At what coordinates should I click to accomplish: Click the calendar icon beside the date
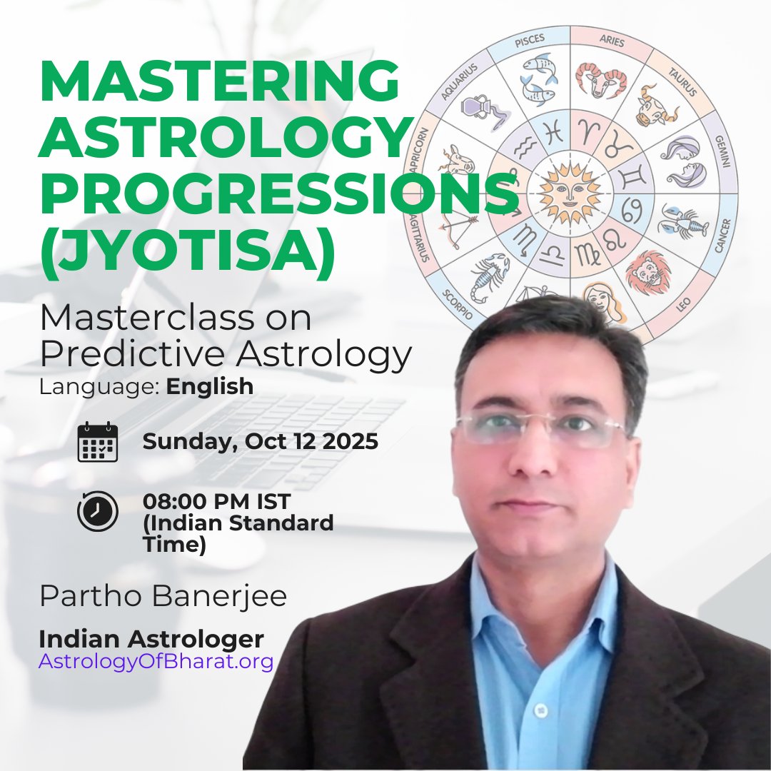pyautogui.click(x=97, y=442)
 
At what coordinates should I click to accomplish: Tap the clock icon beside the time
pyautogui.click(x=97, y=511)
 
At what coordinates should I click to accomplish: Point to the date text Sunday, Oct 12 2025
pyautogui.click(x=260, y=441)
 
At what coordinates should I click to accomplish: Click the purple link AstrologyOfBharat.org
pyautogui.click(x=156, y=661)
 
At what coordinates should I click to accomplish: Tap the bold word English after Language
pyautogui.click(x=210, y=386)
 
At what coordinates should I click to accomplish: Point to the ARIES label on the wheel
pyautogui.click(x=612, y=42)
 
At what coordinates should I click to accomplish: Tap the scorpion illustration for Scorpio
pyautogui.click(x=489, y=275)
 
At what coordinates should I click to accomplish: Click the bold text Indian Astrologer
pyautogui.click(x=151, y=638)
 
